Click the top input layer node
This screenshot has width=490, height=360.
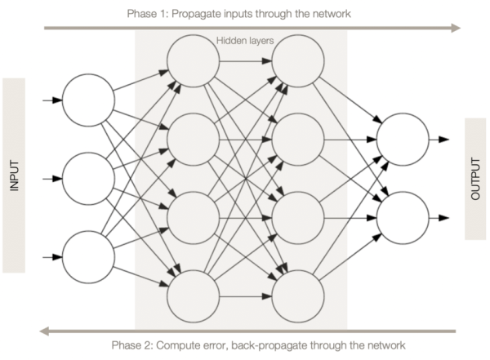coord(88,100)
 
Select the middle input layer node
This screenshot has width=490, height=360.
coord(88,178)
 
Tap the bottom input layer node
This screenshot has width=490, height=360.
coord(88,256)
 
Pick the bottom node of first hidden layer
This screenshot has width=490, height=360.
coord(193,296)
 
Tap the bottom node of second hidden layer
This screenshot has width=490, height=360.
coord(297,296)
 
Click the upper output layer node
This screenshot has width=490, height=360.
coord(402,139)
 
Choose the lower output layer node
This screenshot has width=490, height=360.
coord(402,217)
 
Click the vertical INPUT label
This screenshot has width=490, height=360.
coord(14,176)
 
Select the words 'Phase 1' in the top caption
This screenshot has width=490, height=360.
coord(147,14)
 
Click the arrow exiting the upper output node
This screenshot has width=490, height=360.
coord(441,139)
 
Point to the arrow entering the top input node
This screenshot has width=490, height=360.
coord(51,100)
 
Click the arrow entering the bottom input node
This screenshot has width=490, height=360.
coord(51,256)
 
